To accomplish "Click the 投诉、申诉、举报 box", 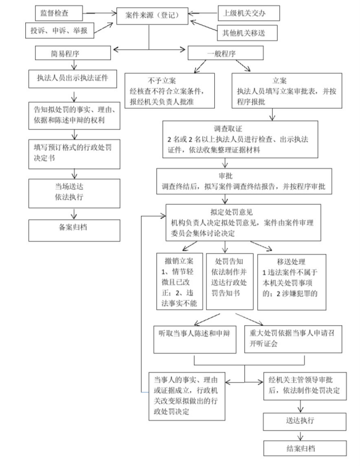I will pyautogui.click(x=56, y=30).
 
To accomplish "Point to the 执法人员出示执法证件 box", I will pyautogui.click(x=73, y=78).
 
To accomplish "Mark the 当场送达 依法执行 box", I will pyautogui.click(x=73, y=191).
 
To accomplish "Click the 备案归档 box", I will pyautogui.click(x=73, y=227).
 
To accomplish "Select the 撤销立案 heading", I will pyautogui.click(x=175, y=261).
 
